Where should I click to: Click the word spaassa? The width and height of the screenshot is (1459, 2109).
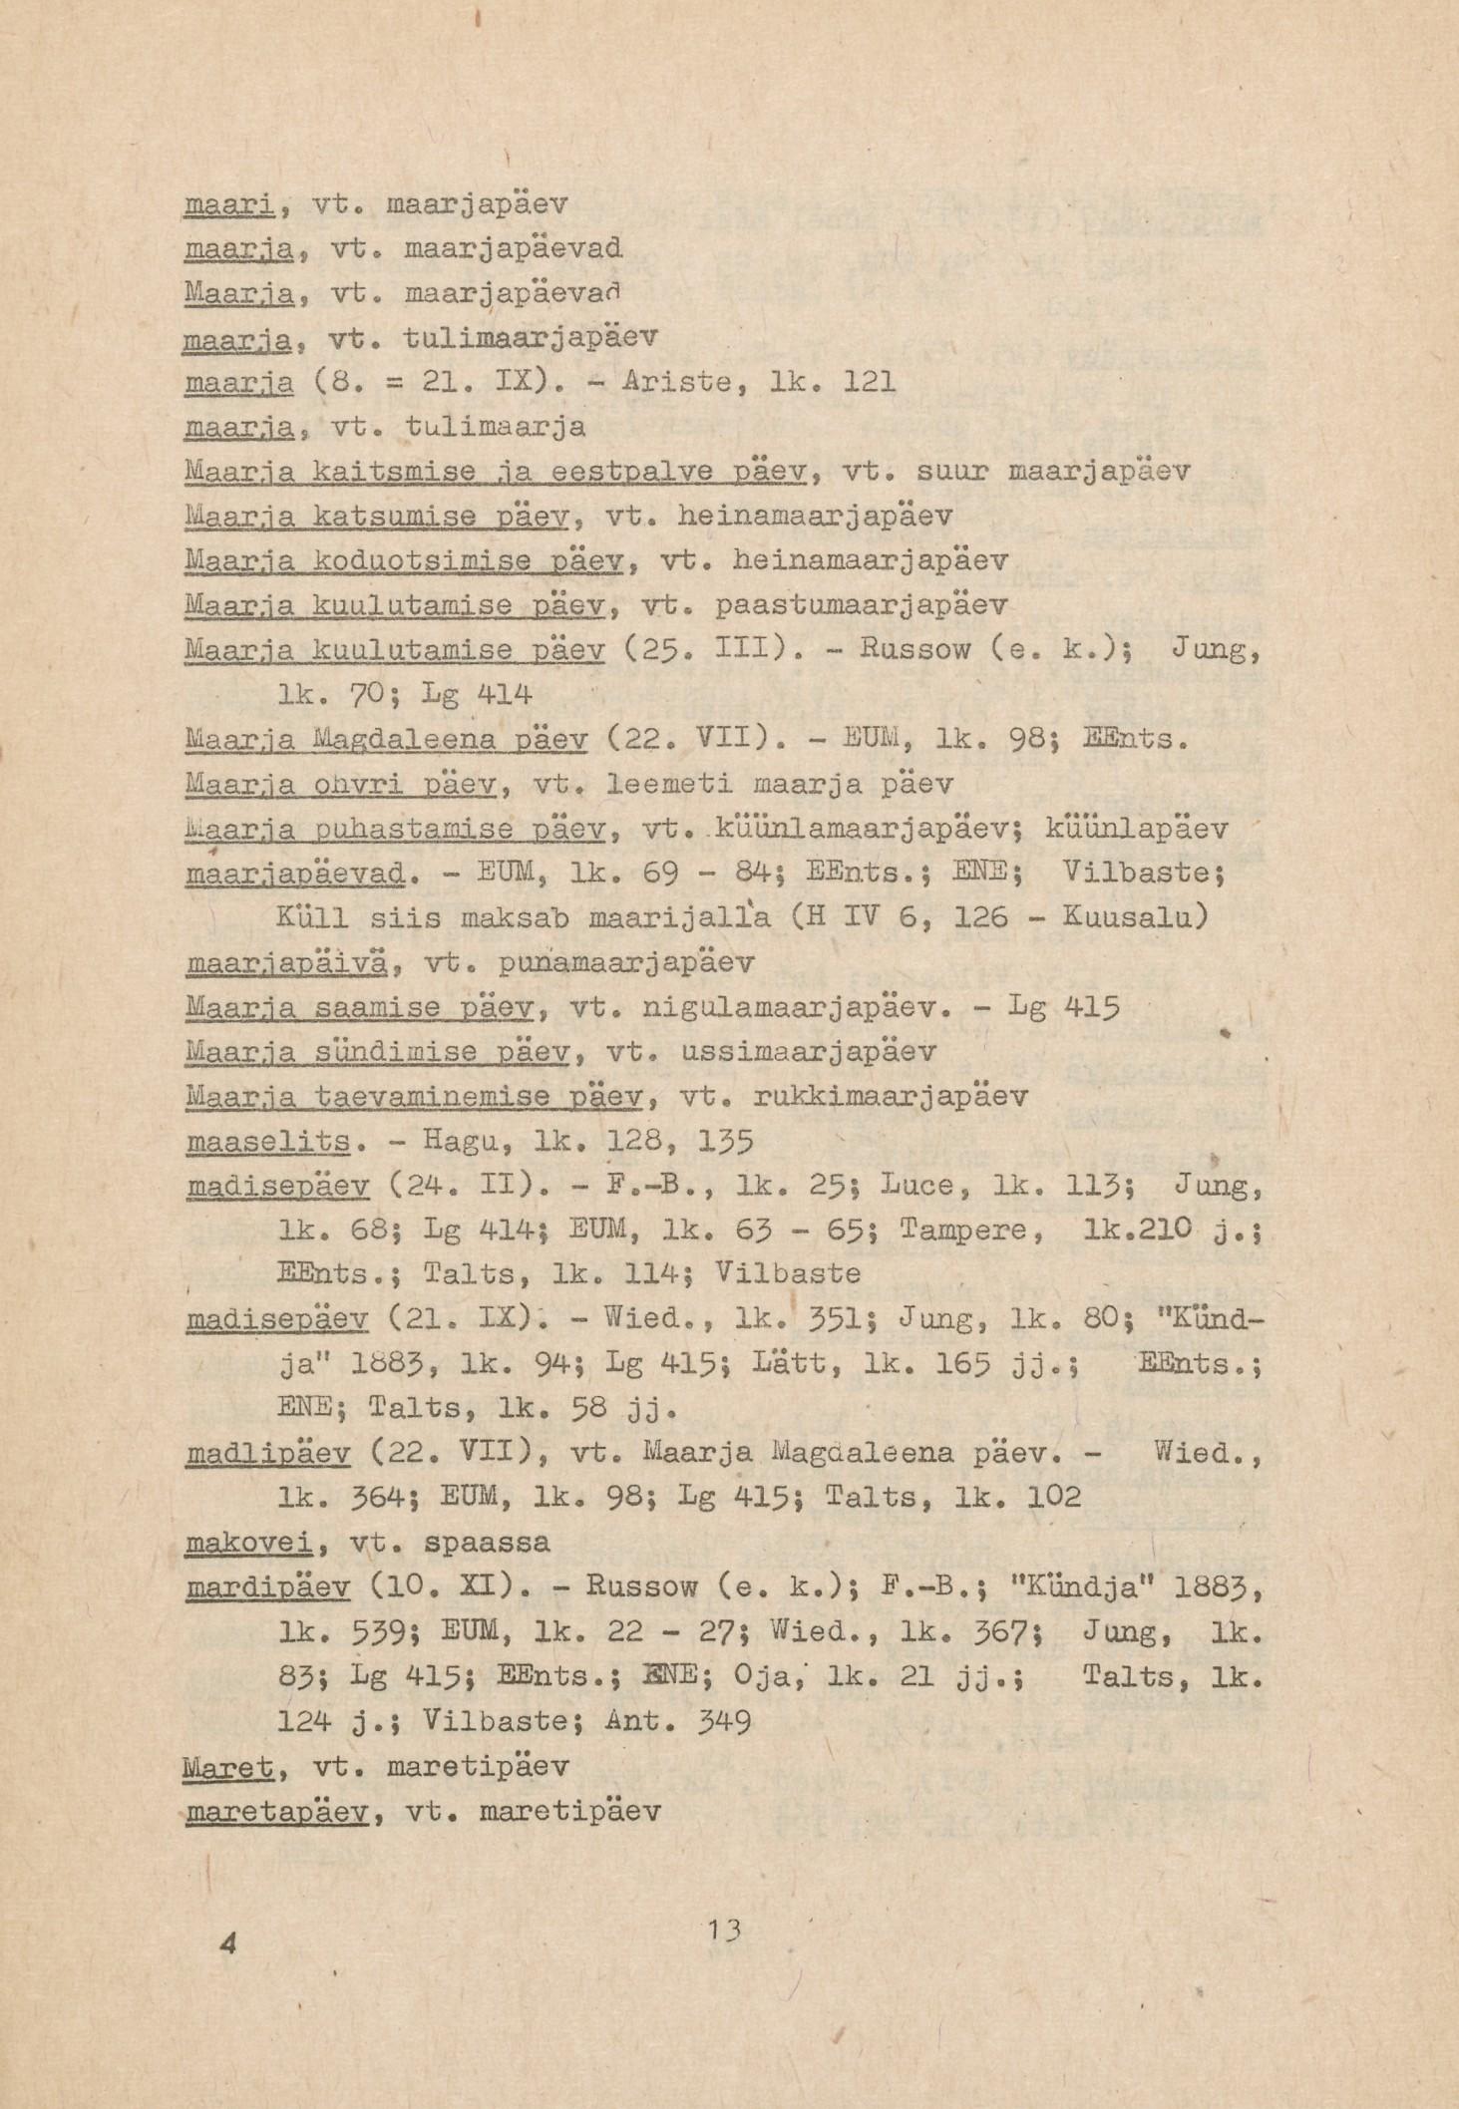[488, 1543]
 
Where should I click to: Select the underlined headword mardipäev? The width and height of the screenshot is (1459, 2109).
[268, 1586]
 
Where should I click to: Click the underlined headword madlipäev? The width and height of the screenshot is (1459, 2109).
[268, 1455]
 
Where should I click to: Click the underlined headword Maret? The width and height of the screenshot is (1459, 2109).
[229, 1766]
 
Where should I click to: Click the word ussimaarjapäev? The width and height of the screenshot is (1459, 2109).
[809, 1051]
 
